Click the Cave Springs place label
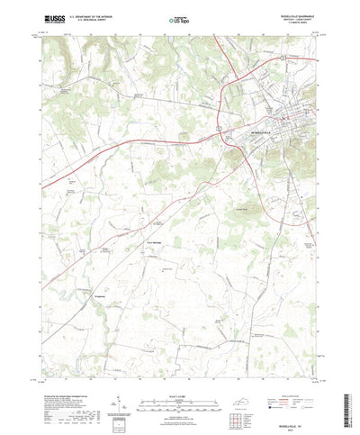pyautogui.click(x=154, y=242)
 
